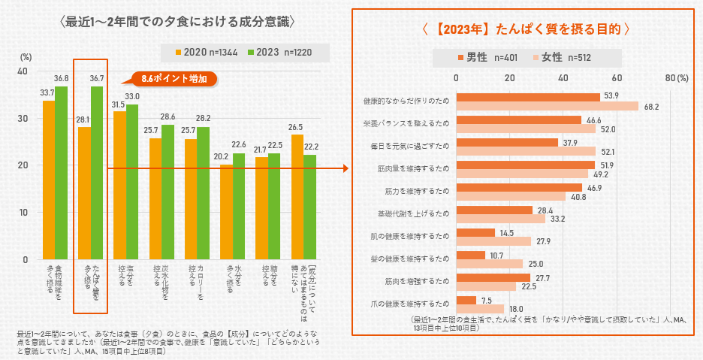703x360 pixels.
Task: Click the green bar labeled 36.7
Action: click(97, 173)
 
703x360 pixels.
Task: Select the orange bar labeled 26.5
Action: click(297, 197)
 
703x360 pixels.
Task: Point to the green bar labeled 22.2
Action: click(309, 207)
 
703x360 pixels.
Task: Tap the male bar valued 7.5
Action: click(466, 299)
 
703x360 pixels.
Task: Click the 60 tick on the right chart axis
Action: click(617, 78)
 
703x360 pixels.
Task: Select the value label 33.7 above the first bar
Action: click(47, 92)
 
